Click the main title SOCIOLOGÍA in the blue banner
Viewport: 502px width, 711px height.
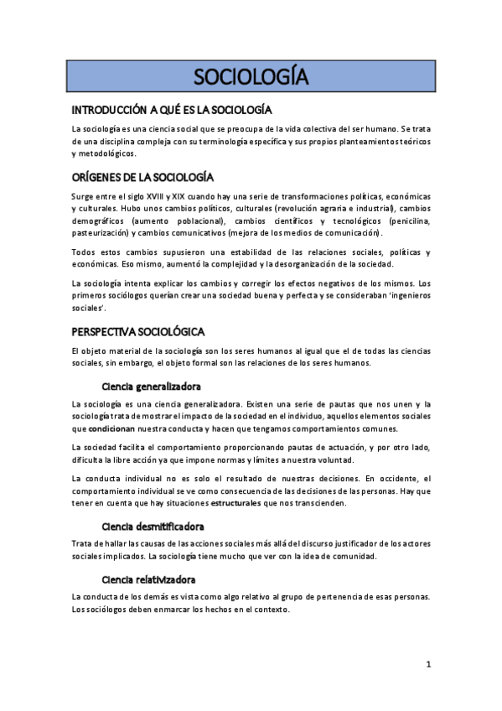(x=251, y=78)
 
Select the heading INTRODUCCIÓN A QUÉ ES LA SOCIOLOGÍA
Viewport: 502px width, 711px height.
(x=171, y=111)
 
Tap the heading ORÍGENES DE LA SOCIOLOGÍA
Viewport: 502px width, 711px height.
(x=142, y=177)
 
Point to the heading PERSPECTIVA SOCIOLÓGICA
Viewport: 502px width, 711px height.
(x=138, y=331)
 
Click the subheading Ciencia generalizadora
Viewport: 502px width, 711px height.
(x=151, y=387)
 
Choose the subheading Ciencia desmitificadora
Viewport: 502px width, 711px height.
(x=153, y=527)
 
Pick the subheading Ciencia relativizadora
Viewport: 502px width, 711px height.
(x=149, y=579)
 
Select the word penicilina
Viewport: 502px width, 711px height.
(x=406, y=220)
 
